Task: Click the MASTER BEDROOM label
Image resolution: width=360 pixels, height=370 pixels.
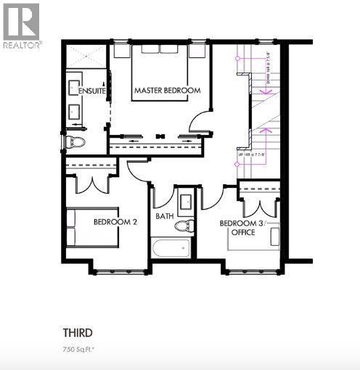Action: pos(166,90)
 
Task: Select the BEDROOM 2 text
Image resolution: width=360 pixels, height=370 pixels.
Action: pos(115,222)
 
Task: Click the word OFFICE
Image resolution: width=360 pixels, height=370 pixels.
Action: pos(242,233)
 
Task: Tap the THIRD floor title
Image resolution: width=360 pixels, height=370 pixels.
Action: pos(77,333)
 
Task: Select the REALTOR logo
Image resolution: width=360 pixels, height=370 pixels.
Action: pos(21,25)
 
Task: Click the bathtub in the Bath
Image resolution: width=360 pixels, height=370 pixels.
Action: pos(171,248)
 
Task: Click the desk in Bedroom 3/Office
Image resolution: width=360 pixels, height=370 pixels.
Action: pos(275,237)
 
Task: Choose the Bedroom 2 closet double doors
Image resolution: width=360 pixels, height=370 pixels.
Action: pos(91,182)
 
